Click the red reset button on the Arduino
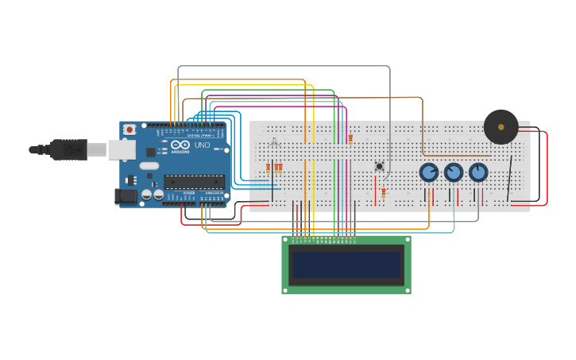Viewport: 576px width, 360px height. pos(130,130)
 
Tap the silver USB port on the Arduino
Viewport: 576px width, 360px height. pos(121,149)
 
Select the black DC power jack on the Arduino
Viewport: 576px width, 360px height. pos(126,195)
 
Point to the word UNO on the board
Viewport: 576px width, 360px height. pos(203,145)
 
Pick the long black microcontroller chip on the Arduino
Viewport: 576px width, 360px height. pos(194,181)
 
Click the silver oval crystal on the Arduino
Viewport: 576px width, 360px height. pos(149,166)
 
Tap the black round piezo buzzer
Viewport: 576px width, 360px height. pos(501,127)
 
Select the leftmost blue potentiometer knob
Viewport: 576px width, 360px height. pos(429,172)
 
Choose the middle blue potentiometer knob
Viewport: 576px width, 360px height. pos(454,172)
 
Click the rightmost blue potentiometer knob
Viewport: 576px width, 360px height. pos(478,172)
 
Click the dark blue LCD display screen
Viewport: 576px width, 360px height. pos(346,265)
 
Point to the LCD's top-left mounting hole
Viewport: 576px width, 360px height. pos(285,239)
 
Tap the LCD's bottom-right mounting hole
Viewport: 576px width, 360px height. pos(408,291)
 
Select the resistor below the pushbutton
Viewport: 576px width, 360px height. pos(383,192)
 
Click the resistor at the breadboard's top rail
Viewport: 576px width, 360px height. pos(350,138)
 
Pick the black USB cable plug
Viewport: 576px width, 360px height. pos(68,149)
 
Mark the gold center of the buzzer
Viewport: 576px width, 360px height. pos(501,127)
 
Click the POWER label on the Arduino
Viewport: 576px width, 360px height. pos(189,193)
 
